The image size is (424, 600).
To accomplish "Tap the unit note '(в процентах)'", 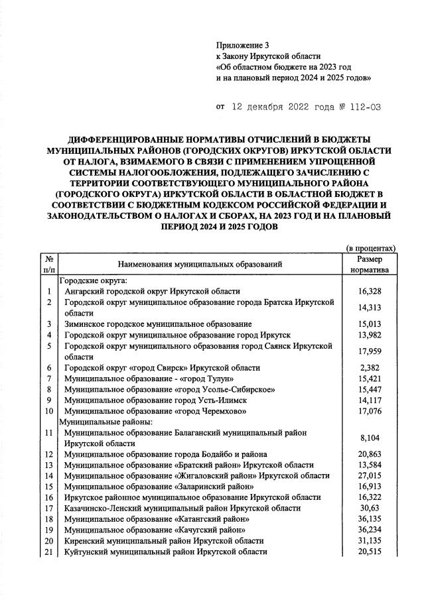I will [372, 247].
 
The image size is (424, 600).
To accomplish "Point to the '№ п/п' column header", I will [49, 265].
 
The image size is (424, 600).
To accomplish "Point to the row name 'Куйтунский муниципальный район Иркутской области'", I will [165, 551].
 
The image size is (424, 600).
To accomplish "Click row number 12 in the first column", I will [49, 454].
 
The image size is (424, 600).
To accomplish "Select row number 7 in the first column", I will [49, 378].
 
